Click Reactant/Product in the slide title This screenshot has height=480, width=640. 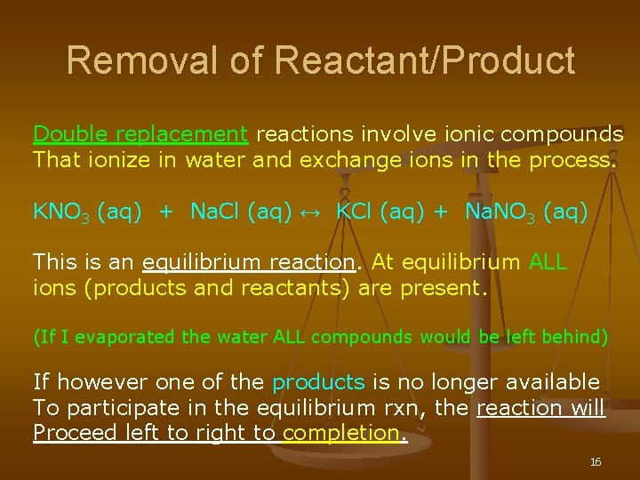(x=425, y=60)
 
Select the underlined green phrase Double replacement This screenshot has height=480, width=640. (x=140, y=134)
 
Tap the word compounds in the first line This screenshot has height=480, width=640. (x=562, y=134)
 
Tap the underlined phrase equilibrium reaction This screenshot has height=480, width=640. (x=248, y=262)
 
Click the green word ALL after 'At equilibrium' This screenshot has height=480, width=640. (x=548, y=262)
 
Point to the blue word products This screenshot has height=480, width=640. (x=318, y=382)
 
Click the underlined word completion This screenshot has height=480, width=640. (x=341, y=434)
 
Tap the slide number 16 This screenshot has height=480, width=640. (x=596, y=462)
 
